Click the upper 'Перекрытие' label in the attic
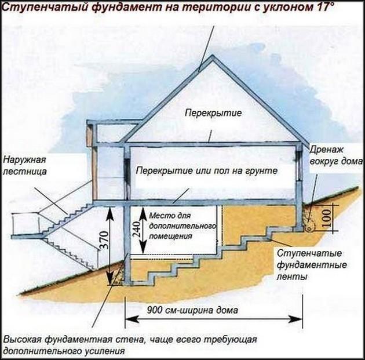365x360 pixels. [205, 112]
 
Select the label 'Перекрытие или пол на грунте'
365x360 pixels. [208, 172]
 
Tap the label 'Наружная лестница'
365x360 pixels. [24, 165]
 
